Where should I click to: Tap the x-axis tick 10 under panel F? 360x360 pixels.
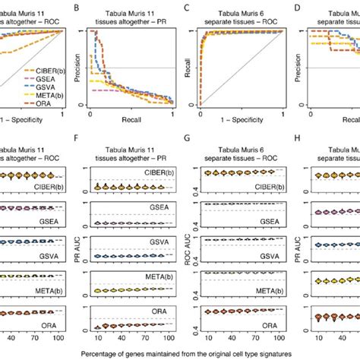pyautogui.click(x=99, y=336)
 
